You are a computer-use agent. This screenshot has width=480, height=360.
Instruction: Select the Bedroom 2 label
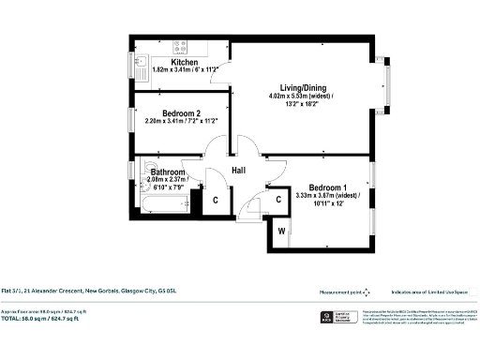(x=182, y=113)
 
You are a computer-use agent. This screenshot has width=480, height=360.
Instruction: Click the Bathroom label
(x=168, y=172)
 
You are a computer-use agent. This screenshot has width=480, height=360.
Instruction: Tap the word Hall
(x=239, y=170)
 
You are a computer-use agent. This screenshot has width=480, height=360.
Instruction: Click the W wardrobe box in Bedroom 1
(x=279, y=231)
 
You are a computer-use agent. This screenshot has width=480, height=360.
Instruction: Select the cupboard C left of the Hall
(x=215, y=200)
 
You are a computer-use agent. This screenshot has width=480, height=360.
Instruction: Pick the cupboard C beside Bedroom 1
(x=278, y=199)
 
